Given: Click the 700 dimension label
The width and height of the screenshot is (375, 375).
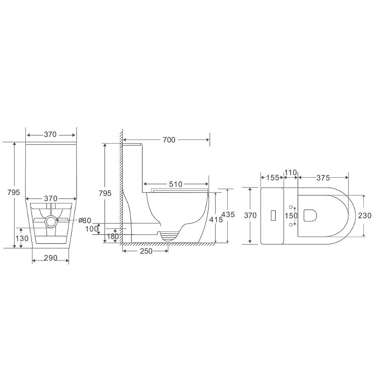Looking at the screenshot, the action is click(x=169, y=140).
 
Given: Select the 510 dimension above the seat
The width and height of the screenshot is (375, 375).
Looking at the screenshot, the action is click(x=175, y=184).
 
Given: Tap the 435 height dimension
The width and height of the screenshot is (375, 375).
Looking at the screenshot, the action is click(x=228, y=215).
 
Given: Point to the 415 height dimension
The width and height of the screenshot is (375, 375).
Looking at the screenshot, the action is click(x=216, y=219).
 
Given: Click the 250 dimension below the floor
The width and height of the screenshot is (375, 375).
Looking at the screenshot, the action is click(x=146, y=251).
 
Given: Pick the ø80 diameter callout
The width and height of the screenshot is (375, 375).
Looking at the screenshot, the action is click(x=85, y=220).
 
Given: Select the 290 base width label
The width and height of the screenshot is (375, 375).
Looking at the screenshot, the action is click(x=51, y=258).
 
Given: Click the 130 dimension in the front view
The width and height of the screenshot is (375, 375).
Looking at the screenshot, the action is click(x=22, y=238).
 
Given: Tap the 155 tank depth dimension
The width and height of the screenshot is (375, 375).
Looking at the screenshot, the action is click(x=273, y=178).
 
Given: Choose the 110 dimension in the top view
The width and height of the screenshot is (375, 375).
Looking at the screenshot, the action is click(x=291, y=172).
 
